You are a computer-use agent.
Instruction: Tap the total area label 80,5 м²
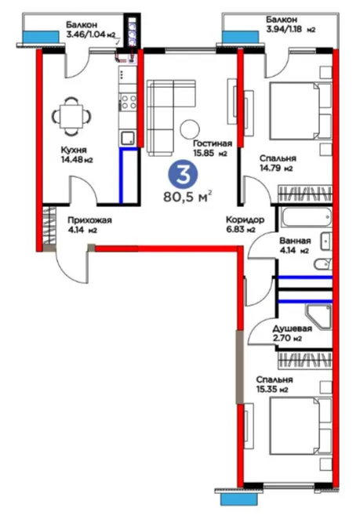(187, 197)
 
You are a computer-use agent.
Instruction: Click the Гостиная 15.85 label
(213, 148)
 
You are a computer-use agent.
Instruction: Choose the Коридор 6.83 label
(245, 224)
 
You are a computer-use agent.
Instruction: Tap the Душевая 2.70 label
(292, 333)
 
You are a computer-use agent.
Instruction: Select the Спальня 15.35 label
(274, 384)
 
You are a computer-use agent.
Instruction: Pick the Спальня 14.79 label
(278, 163)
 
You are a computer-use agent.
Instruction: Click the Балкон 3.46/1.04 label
(90, 30)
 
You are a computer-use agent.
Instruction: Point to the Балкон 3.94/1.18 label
(290, 24)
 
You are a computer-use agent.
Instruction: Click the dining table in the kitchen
(71, 116)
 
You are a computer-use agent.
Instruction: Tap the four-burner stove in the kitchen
(129, 102)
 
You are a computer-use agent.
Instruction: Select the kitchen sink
(128, 138)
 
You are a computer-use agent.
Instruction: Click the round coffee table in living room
(190, 129)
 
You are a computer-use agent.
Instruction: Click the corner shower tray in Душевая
(318, 317)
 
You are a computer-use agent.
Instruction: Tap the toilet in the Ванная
(323, 264)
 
